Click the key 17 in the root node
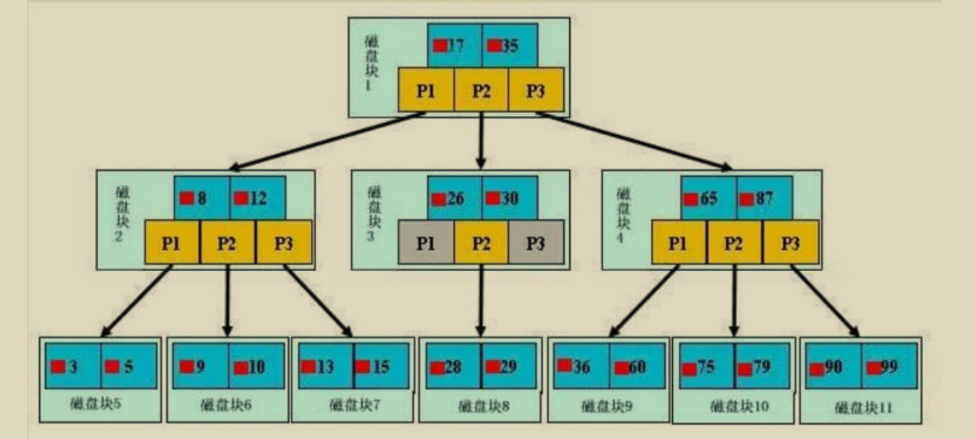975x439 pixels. pos(454,45)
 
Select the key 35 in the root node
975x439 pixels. pos(509,45)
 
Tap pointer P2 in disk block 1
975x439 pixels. pos(481,90)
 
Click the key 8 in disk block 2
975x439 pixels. pos(202,198)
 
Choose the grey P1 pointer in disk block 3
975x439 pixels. pos(426,244)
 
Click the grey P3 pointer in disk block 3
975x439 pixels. pos(536,244)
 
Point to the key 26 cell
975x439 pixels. pos(454,199)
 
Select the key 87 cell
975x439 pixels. pos(764,199)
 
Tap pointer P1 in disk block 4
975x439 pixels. pos(679,244)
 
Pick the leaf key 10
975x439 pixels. pos(256,367)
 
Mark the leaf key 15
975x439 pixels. pos(382,367)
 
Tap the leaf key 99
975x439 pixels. pos(889,367)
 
